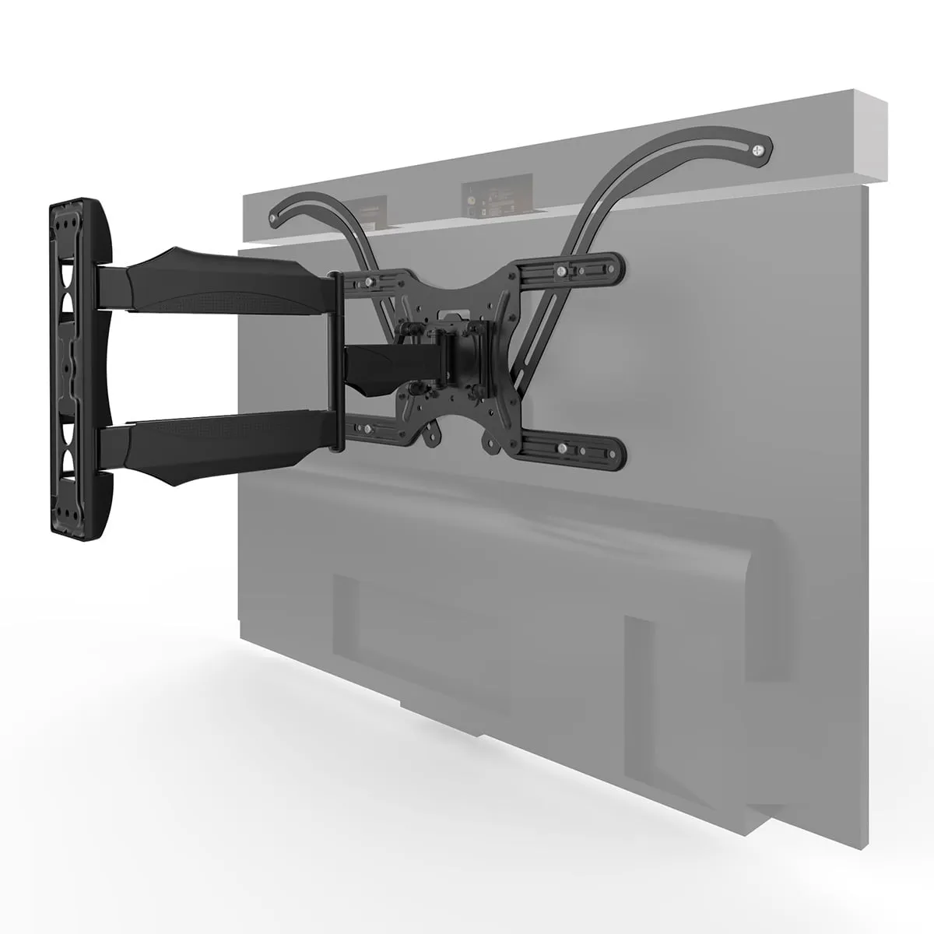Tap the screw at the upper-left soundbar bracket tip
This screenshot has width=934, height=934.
270,219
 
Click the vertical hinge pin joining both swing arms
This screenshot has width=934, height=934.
335,362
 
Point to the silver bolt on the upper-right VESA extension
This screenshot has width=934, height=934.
561,269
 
